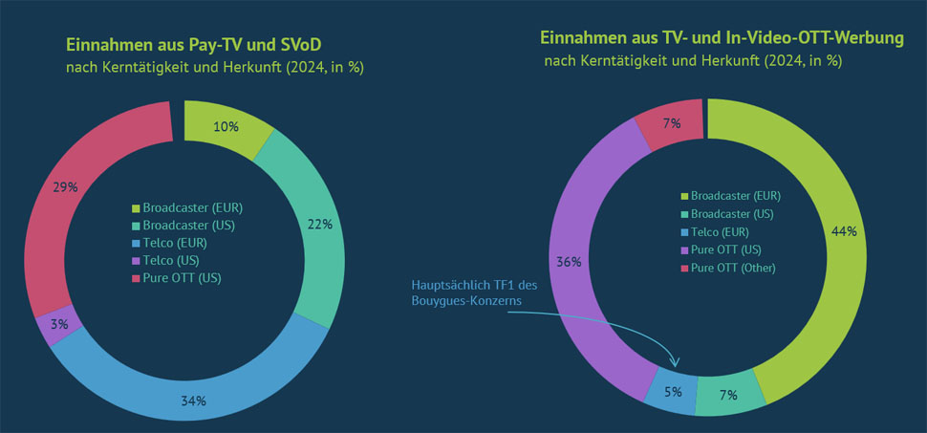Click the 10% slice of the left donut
(x=226, y=127)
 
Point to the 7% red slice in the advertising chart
(x=671, y=125)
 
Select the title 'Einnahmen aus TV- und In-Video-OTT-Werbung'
(x=722, y=38)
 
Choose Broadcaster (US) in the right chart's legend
(x=729, y=213)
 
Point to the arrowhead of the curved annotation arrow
(x=676, y=363)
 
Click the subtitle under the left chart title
(x=215, y=68)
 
